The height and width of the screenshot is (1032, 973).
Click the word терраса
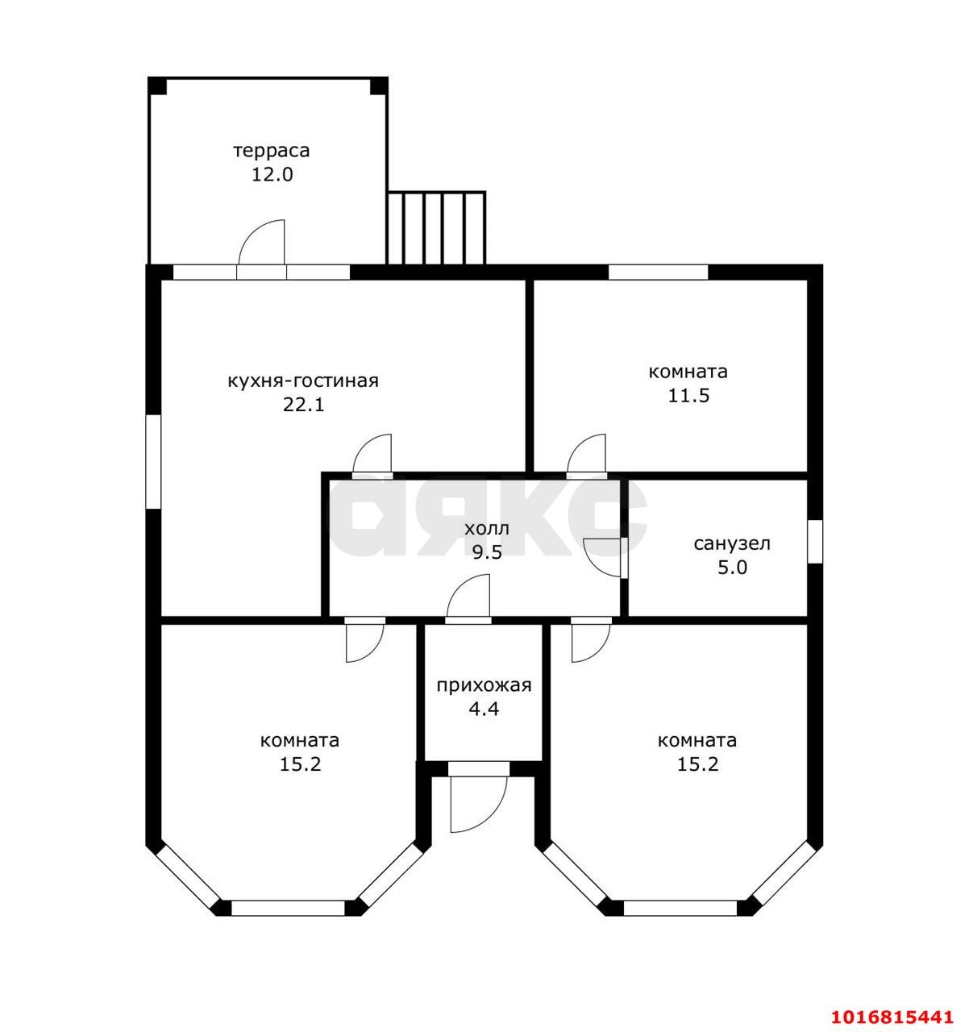tap(272, 152)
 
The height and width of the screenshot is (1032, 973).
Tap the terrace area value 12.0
tap(272, 175)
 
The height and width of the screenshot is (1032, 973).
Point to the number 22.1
tap(304, 405)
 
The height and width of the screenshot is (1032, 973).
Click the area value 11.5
tap(688, 396)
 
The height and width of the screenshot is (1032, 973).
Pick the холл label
tap(487, 529)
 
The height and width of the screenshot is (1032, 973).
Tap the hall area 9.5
tap(487, 551)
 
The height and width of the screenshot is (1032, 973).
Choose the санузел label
tap(732, 544)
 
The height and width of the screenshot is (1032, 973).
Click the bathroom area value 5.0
tap(732, 568)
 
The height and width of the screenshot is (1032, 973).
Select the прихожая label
tap(484, 686)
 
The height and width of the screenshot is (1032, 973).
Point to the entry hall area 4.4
tap(484, 709)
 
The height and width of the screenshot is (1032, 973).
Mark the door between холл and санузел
tap(603, 558)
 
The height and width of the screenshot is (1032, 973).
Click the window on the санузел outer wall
tap(815, 542)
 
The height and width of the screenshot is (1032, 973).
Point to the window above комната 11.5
tap(658, 273)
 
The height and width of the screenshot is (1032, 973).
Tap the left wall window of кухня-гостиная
tap(153, 461)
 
